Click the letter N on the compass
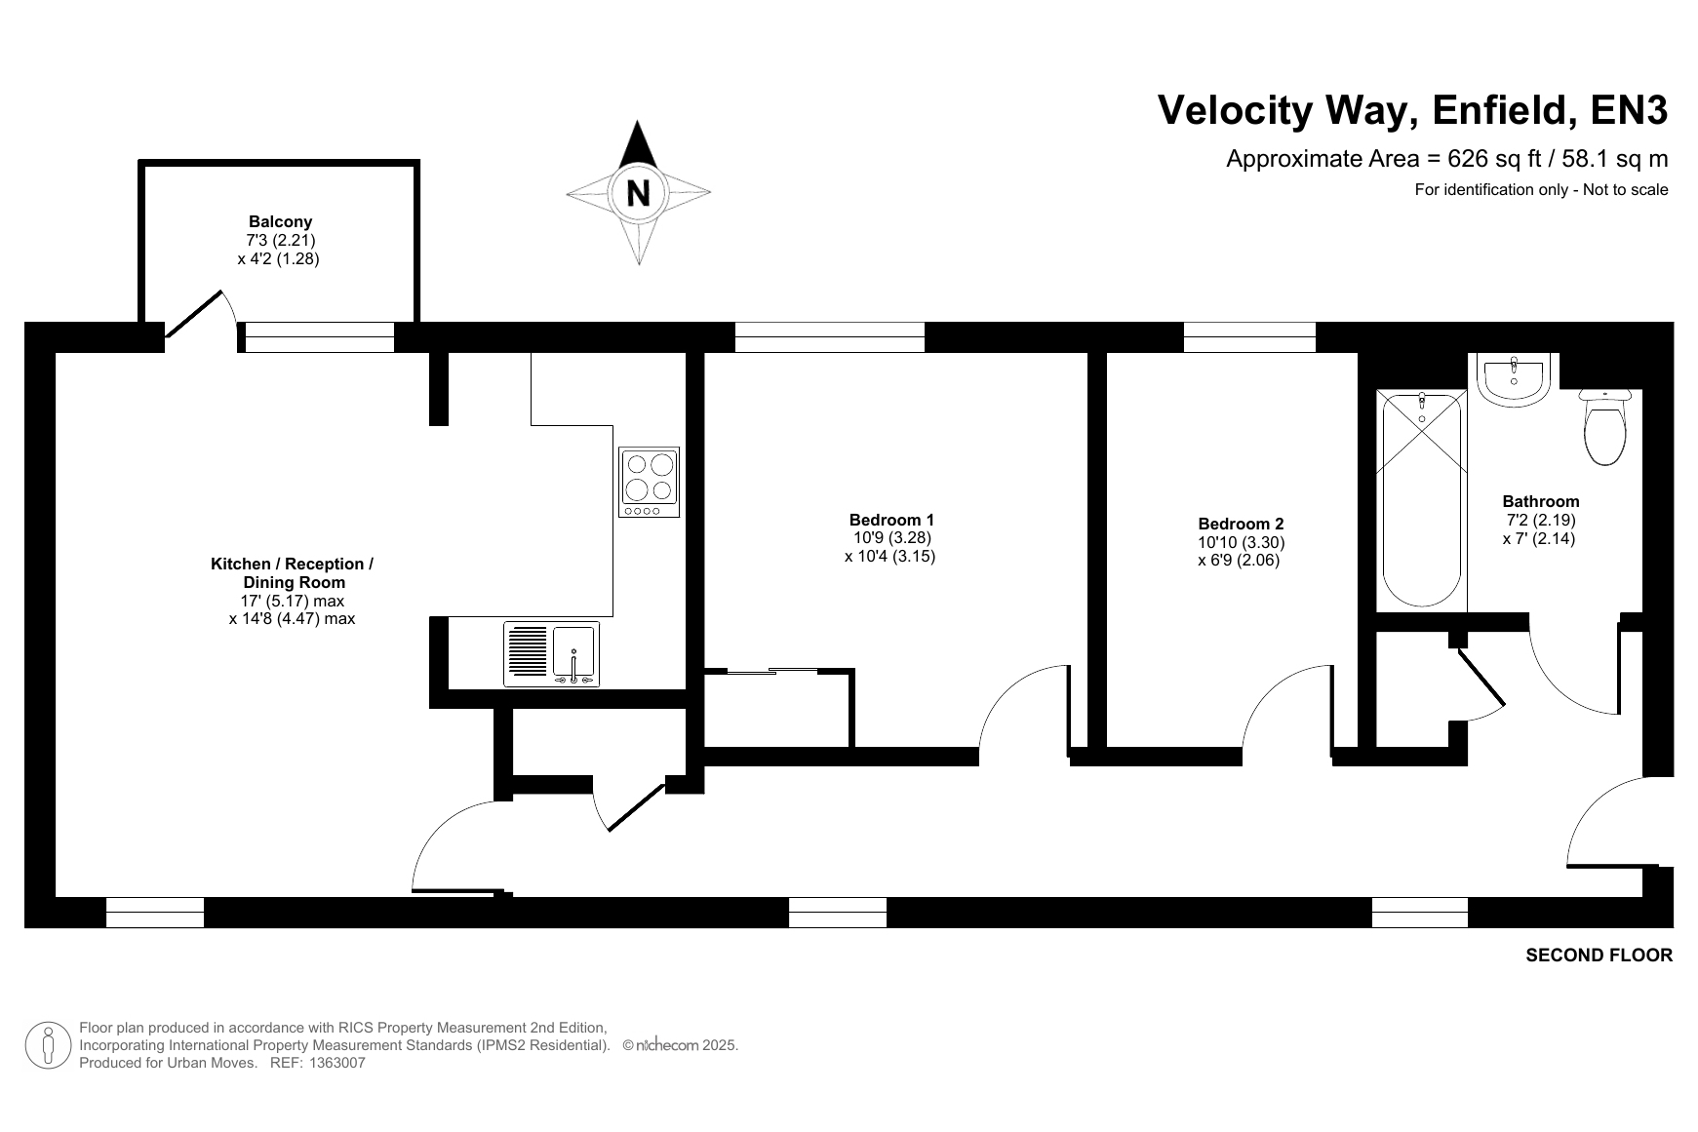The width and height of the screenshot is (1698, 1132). point(638,193)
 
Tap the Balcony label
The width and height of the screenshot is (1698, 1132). point(280,221)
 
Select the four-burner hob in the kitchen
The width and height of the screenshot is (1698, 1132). point(650,483)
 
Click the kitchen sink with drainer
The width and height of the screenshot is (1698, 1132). point(552,654)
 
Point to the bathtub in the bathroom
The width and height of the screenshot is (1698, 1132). point(1422,500)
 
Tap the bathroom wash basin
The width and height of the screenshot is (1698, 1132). point(1513,378)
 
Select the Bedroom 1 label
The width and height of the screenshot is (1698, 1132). point(891,520)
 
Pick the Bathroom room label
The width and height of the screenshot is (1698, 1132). point(1541,502)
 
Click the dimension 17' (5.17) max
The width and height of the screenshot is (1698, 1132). point(293,601)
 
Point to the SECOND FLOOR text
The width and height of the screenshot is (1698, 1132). point(1599,956)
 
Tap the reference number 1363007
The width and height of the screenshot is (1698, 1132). point(336,1063)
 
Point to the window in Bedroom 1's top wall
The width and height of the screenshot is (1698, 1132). point(830,337)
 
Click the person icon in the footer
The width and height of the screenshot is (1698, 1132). point(48,1045)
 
